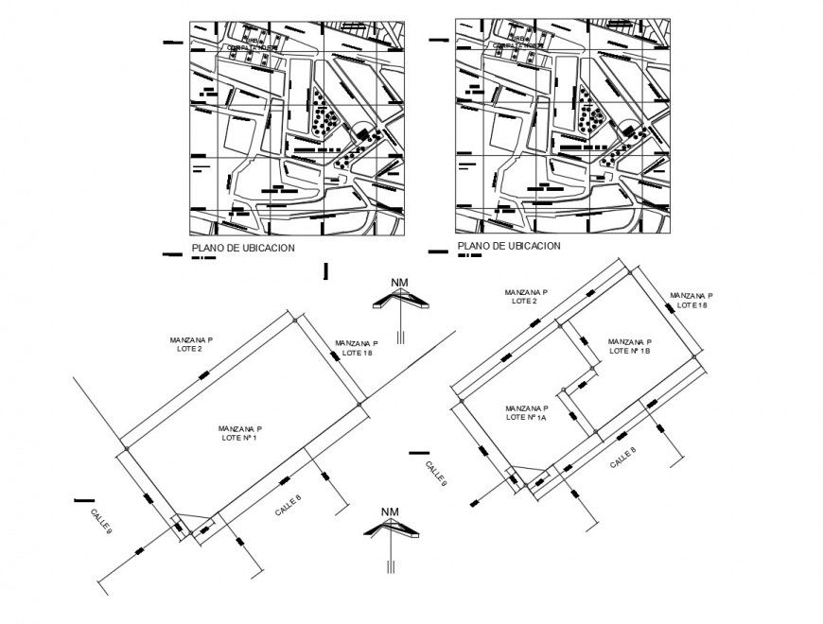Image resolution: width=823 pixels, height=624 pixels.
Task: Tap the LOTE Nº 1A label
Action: pos(527,411)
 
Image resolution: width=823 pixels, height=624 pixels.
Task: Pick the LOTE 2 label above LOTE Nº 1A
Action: pos(524,297)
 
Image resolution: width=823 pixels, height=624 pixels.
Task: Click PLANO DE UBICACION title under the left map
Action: pos(243,248)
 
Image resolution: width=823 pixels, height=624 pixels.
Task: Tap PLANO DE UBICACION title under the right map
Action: pos(509,246)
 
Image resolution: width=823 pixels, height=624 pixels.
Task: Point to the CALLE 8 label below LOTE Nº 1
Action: pos(289,506)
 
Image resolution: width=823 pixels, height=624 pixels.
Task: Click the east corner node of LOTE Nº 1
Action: pos(360,405)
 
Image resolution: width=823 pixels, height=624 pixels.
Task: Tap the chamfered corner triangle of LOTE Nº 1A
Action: pos(526,476)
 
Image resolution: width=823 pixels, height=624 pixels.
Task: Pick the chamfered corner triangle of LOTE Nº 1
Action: pos(192,524)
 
